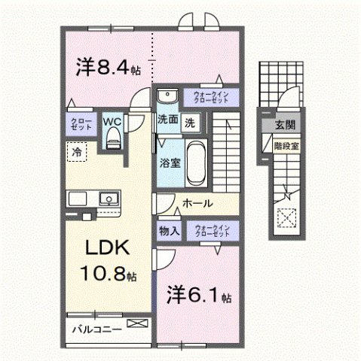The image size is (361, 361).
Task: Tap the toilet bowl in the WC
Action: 113,136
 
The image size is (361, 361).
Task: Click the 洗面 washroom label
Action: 167,120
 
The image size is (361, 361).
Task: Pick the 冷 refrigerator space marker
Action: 76,152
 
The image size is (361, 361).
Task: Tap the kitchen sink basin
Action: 109,200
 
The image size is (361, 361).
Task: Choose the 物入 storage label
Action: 168,232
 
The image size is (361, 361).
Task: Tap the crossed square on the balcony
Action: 138,323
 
